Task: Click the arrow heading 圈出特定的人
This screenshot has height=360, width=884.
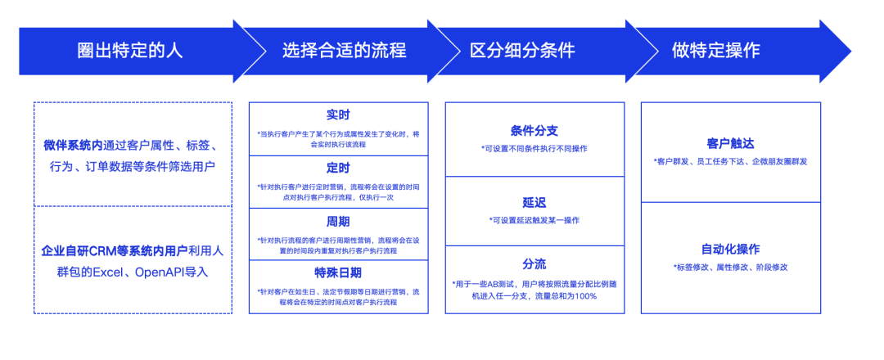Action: tap(129, 52)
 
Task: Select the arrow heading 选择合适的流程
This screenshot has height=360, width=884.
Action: tap(344, 52)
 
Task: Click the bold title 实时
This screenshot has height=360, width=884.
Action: tap(338, 115)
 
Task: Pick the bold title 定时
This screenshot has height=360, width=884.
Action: tap(338, 168)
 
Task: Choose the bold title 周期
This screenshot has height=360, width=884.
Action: tap(338, 222)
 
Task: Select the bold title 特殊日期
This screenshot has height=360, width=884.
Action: tap(338, 273)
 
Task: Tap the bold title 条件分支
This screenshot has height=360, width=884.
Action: tap(534, 131)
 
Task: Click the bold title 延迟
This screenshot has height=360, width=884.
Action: tap(534, 203)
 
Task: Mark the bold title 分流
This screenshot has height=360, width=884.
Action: tap(534, 264)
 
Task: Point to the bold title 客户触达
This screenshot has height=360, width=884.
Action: tap(731, 142)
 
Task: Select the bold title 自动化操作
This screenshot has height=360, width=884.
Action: tap(731, 249)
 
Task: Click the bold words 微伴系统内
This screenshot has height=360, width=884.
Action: tap(74, 146)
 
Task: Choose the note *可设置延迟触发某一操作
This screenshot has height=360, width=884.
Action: tap(534, 220)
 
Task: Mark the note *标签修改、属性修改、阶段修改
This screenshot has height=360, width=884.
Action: tap(731, 268)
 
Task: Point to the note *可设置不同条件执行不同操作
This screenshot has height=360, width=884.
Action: tap(534, 149)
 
